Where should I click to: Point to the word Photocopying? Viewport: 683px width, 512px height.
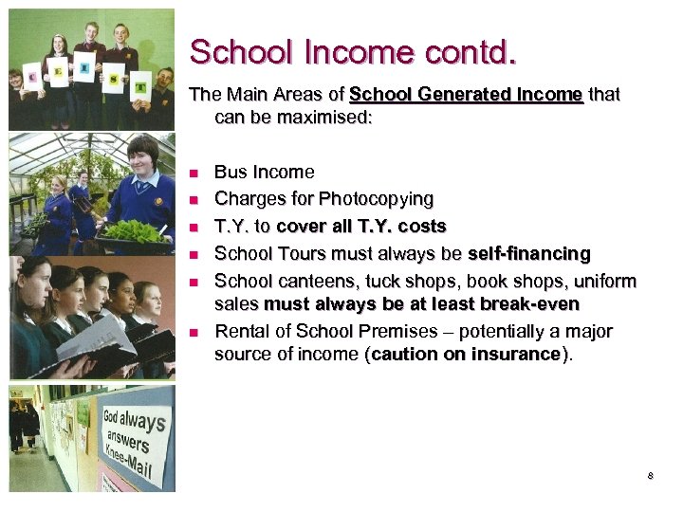click(x=377, y=199)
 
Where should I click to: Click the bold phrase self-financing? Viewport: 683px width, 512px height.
click(x=528, y=254)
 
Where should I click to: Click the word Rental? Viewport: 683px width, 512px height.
click(x=241, y=332)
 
